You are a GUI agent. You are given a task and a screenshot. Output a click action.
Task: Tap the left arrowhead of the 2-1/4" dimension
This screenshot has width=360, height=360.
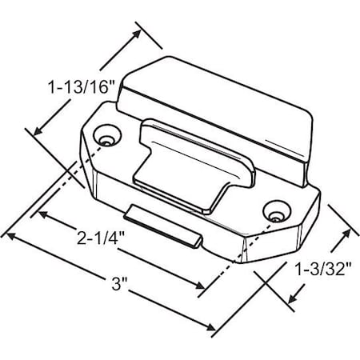tap(38, 214)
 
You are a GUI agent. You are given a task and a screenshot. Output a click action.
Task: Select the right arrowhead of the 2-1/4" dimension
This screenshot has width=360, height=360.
tap(201, 287)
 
